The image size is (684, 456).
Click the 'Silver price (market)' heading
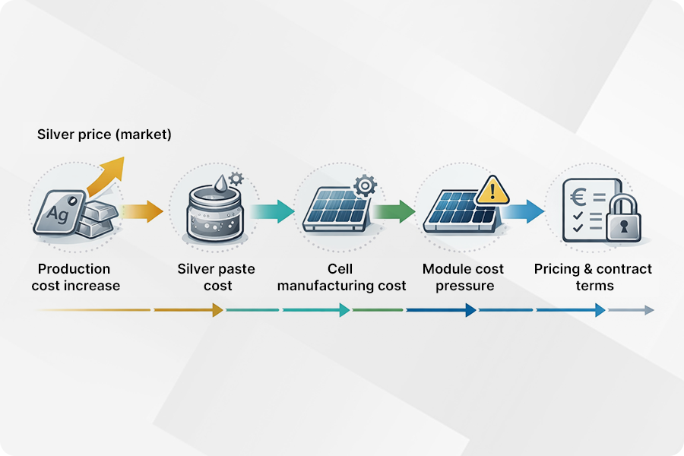tap(104, 135)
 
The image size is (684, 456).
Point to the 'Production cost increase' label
tap(74, 277)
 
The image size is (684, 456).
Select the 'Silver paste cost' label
tap(216, 277)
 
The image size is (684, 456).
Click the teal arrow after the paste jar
tap(272, 211)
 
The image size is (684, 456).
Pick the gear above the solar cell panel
tap(366, 185)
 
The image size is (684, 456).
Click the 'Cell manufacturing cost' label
tap(341, 277)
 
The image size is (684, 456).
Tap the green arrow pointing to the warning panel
tap(394, 211)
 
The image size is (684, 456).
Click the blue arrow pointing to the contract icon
tap(524, 211)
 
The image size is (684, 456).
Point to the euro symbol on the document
tap(579, 195)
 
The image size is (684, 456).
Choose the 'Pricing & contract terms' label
tap(593, 277)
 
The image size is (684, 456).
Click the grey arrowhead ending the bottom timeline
tap(648, 310)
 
